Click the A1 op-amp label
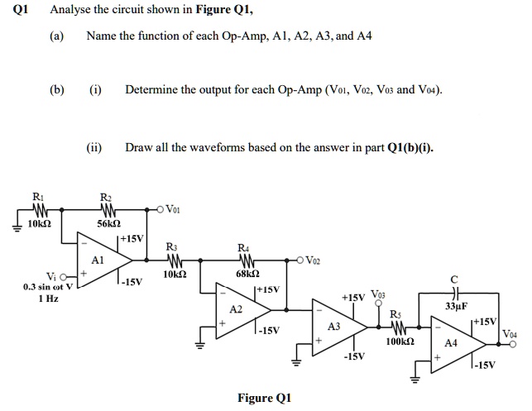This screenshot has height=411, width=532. point(97,258)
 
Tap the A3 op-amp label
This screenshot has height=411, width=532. point(334,327)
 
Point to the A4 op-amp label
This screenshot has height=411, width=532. point(450,341)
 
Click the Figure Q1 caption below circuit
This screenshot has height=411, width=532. point(266,398)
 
